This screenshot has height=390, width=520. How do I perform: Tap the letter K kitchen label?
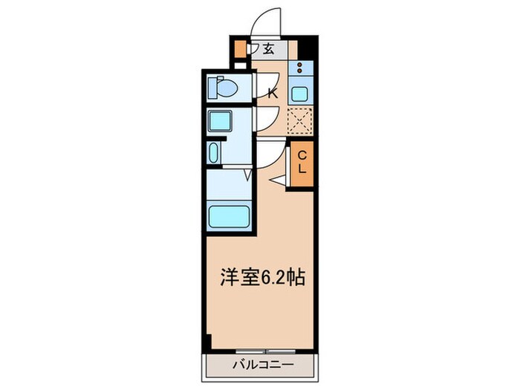(272, 93)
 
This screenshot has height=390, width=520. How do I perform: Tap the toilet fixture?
(224, 88)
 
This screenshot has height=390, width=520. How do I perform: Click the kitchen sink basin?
(300, 94)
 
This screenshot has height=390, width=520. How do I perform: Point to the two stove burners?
(299, 68)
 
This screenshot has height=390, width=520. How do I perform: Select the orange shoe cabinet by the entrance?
(239, 51)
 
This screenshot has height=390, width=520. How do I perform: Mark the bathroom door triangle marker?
(248, 175)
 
